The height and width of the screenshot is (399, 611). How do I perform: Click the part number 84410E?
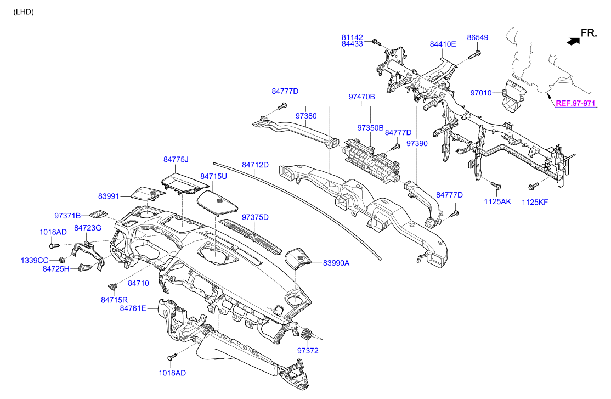click(x=443, y=44)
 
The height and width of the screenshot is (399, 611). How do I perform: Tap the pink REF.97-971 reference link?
click(x=575, y=103)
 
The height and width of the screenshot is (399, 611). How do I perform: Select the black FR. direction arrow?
click(x=573, y=40)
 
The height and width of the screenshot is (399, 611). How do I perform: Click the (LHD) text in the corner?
click(x=24, y=12)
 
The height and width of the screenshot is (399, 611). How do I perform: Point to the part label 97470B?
click(x=361, y=97)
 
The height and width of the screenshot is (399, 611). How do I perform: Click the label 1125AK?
click(x=497, y=202)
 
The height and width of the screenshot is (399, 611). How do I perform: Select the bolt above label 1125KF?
click(x=532, y=187)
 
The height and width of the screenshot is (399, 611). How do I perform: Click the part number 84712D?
click(x=255, y=165)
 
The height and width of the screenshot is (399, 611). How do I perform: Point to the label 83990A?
click(x=336, y=263)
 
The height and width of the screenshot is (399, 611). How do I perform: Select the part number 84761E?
click(x=133, y=308)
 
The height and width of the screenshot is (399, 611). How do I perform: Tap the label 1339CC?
click(x=35, y=260)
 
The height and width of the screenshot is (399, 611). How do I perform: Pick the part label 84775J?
click(x=176, y=160)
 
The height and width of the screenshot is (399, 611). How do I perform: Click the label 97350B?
click(x=370, y=127)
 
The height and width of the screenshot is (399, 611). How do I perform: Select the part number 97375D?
click(x=255, y=217)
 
